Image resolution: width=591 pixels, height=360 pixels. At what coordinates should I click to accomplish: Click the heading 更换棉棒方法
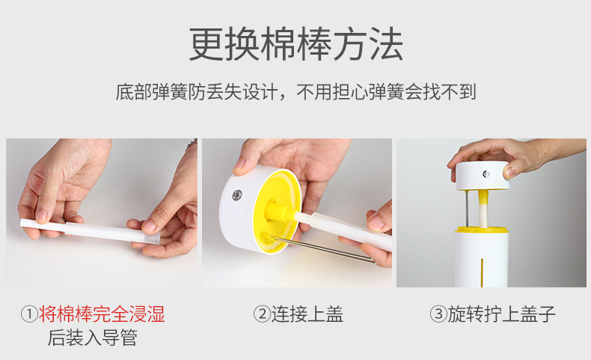click(x=295, y=45)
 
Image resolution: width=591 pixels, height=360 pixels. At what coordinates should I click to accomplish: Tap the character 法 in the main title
click(x=385, y=45)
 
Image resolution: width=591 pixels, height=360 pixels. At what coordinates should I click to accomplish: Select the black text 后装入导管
click(x=92, y=338)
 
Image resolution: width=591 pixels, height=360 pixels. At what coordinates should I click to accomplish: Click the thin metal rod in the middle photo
click(x=322, y=248)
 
